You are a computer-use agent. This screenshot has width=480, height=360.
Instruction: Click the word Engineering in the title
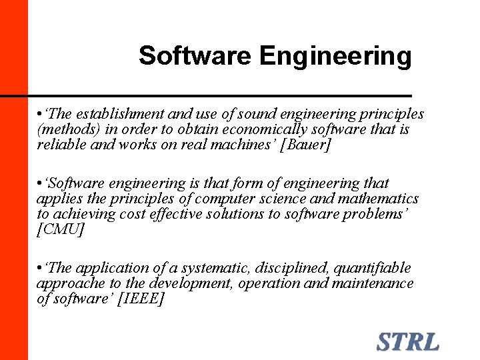[x=335, y=57]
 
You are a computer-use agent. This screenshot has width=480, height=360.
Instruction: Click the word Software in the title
[x=195, y=56]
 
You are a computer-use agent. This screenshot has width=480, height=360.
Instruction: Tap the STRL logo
[x=408, y=342]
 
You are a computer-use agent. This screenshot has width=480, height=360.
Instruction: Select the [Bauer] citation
[x=307, y=145]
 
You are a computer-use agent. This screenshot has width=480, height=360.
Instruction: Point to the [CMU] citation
[x=61, y=230]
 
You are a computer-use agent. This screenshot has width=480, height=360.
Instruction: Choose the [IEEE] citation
[x=140, y=299]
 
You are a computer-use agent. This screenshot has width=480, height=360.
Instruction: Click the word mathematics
[x=381, y=199]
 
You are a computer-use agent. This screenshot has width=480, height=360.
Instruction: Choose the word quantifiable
[x=373, y=268]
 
